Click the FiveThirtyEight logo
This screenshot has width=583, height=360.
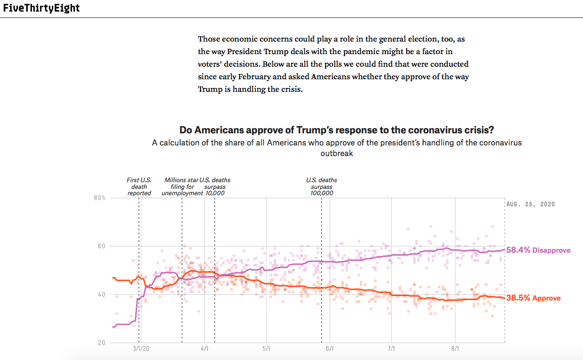(41, 8)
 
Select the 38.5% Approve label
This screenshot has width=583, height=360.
(533, 298)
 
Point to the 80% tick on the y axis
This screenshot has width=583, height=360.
(100, 198)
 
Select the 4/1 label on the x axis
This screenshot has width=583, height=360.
(204, 348)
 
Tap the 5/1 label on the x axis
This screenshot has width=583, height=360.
(266, 348)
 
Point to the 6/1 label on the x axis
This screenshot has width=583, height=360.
(330, 348)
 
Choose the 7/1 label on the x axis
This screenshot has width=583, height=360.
(391, 348)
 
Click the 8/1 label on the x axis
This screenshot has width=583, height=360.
(455, 348)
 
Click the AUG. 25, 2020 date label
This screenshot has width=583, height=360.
(531, 204)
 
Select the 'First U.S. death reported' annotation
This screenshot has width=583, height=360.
(139, 187)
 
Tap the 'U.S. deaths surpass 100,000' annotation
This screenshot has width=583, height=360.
(322, 187)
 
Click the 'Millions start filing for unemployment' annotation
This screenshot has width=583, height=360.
(182, 187)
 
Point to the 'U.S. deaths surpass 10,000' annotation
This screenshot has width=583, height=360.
(215, 187)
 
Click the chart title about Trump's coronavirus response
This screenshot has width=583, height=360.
(337, 130)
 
